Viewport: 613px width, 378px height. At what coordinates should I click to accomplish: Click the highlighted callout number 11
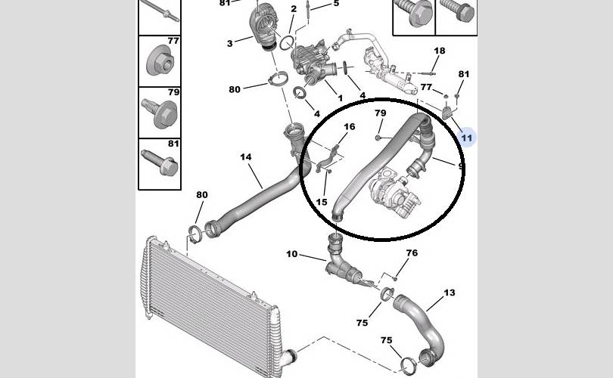[466, 138]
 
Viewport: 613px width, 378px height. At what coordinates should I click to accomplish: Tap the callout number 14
[245, 157]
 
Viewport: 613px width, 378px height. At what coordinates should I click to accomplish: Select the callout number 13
[450, 293]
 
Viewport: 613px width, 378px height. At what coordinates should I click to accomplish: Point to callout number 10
[291, 254]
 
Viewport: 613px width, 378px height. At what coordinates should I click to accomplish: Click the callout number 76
[412, 253]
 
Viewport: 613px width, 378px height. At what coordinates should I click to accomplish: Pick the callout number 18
[440, 51]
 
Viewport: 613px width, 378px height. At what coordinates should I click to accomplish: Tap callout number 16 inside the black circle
[350, 126]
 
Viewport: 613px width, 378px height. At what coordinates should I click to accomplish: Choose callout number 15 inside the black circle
[322, 202]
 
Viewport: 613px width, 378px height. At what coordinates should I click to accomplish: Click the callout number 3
[229, 43]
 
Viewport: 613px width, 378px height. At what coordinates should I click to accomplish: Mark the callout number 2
[294, 8]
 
